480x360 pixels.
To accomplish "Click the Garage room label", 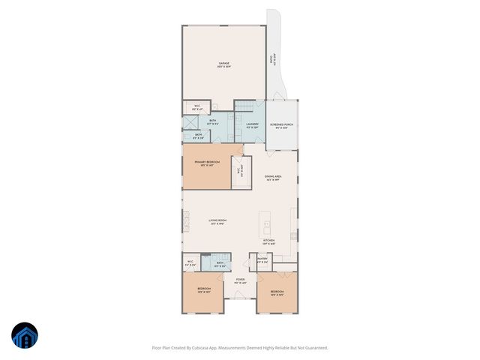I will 223,64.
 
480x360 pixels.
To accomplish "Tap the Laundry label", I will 252,124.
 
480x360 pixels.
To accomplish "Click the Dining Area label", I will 273,178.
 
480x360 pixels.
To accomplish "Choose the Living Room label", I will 218,221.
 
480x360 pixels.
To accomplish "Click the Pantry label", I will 262,259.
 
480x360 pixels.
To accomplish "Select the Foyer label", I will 240,281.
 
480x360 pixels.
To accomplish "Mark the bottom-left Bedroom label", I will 204,289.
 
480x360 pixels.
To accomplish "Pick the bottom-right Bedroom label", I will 277,292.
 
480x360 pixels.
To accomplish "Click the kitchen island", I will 265,223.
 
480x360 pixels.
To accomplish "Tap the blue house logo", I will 25,337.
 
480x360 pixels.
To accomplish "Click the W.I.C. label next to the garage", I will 196,107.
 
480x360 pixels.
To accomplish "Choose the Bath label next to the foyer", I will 220,263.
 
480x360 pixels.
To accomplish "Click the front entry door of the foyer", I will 240,297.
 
